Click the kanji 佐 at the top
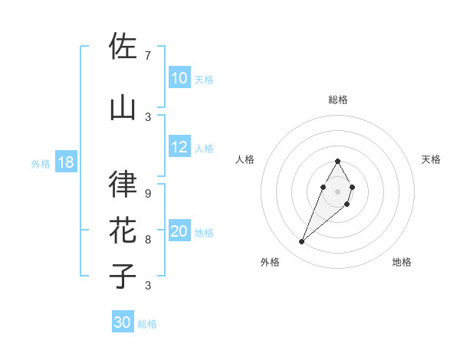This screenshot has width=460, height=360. coord(123,47)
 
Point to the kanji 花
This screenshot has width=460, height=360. coord(123,231)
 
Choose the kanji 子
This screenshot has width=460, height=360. coord(123,277)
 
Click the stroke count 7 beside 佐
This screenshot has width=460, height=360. coord(147,55)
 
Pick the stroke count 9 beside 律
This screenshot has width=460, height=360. coord(147,193)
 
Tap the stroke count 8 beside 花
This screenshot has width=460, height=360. coord(147,239)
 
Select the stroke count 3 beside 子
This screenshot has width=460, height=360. coord(147,285)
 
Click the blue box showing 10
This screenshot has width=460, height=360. coord(179,78)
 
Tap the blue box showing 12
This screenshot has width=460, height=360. coord(179,147)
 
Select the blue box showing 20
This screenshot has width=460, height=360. coord(179,231)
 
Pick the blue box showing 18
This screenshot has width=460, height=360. coord(64,162)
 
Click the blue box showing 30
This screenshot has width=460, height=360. coord(122,322)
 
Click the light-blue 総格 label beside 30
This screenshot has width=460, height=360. coord(147,324)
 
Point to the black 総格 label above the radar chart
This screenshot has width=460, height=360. coord(337,100)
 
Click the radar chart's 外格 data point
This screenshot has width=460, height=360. coord(301,242)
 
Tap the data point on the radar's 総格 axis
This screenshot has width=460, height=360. coord(337,161)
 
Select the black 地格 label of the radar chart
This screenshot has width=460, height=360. coord(402,262)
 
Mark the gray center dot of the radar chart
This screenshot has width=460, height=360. coord(337,190)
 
